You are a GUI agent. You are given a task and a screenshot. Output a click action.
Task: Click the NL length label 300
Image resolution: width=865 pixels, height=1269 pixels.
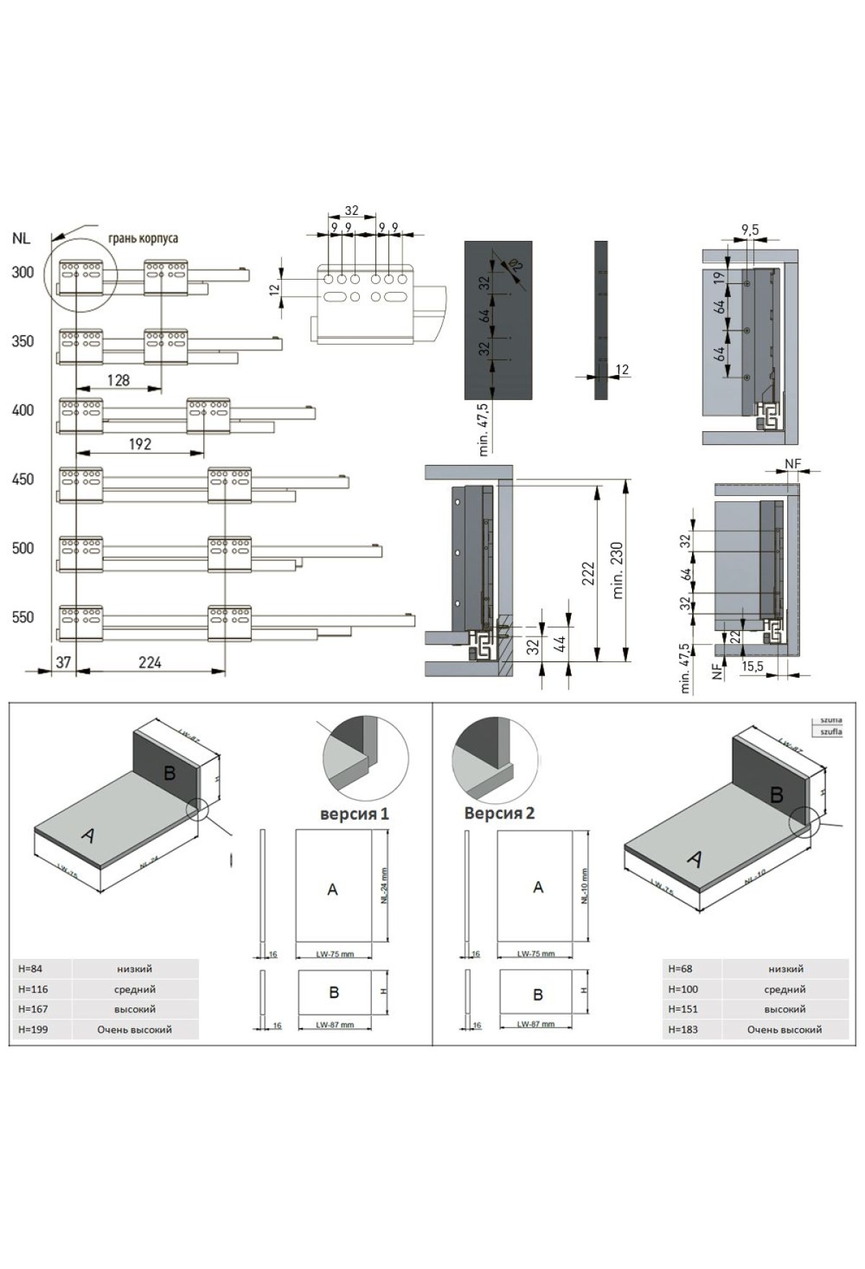click(22, 273)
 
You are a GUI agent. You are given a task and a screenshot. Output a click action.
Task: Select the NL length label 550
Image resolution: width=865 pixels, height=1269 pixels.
click(22, 617)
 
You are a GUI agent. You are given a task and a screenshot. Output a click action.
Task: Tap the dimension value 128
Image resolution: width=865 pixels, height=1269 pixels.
click(118, 380)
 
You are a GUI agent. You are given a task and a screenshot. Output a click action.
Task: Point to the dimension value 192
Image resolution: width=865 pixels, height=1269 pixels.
click(140, 444)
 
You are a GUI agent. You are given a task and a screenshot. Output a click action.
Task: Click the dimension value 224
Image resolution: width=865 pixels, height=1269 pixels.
click(150, 662)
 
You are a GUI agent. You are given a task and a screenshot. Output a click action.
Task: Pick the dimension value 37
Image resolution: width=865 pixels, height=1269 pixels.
click(63, 662)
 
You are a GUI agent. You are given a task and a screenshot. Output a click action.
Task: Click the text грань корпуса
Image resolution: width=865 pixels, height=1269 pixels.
click(143, 238)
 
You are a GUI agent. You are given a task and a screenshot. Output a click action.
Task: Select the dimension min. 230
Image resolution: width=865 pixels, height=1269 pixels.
click(617, 570)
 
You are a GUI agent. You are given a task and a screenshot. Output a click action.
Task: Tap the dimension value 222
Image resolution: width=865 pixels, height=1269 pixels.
click(588, 573)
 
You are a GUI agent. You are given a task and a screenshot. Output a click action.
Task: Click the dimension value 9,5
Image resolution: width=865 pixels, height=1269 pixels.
click(750, 230)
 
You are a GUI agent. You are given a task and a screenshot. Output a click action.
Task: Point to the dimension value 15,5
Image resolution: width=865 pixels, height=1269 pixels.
click(752, 667)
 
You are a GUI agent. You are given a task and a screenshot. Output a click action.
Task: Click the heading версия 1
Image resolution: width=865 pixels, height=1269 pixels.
click(355, 814)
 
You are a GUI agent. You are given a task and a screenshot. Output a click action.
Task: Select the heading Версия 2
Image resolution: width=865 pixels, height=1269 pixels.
click(499, 813)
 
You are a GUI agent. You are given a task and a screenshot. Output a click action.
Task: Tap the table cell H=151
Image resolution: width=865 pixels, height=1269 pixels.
click(683, 1009)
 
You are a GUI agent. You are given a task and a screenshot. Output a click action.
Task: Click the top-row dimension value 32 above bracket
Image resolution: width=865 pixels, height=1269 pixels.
click(351, 211)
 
